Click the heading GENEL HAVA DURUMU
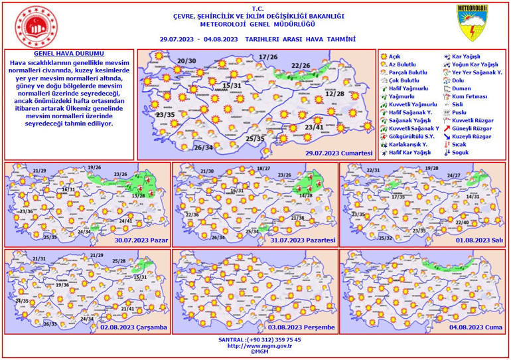(69, 52)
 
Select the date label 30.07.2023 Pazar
(141, 240)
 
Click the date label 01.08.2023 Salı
(475, 240)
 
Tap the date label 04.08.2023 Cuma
(476, 327)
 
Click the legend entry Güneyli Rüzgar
(471, 128)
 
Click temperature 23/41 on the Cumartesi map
(314, 127)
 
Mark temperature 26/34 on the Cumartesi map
(204, 147)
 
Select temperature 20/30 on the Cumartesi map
(187, 62)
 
